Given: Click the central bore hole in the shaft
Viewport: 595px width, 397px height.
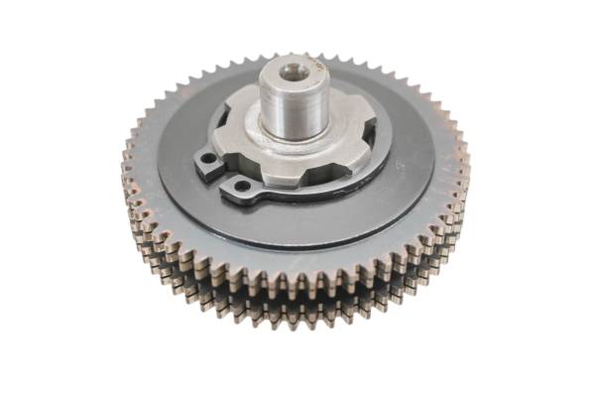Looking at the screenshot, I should [292, 71].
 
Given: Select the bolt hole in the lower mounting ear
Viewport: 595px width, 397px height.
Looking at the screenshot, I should [241, 185].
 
